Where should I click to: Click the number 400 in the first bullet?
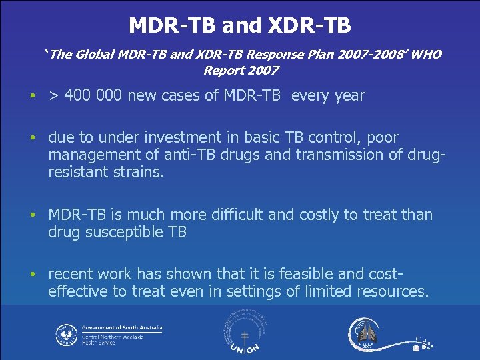point(78,95)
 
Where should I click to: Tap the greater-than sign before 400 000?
point(53,96)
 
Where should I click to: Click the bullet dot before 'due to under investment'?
point(33,139)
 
